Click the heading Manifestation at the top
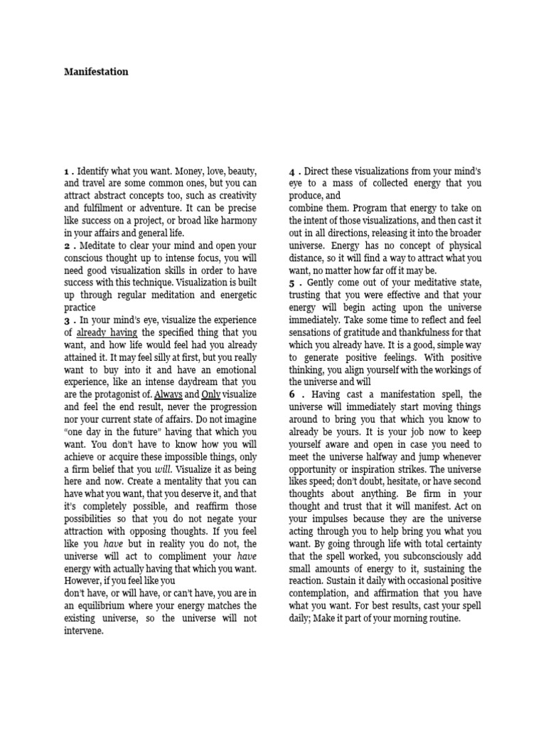(x=96, y=72)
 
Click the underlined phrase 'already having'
(x=107, y=332)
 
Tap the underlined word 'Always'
(x=168, y=394)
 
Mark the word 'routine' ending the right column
(x=442, y=619)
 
